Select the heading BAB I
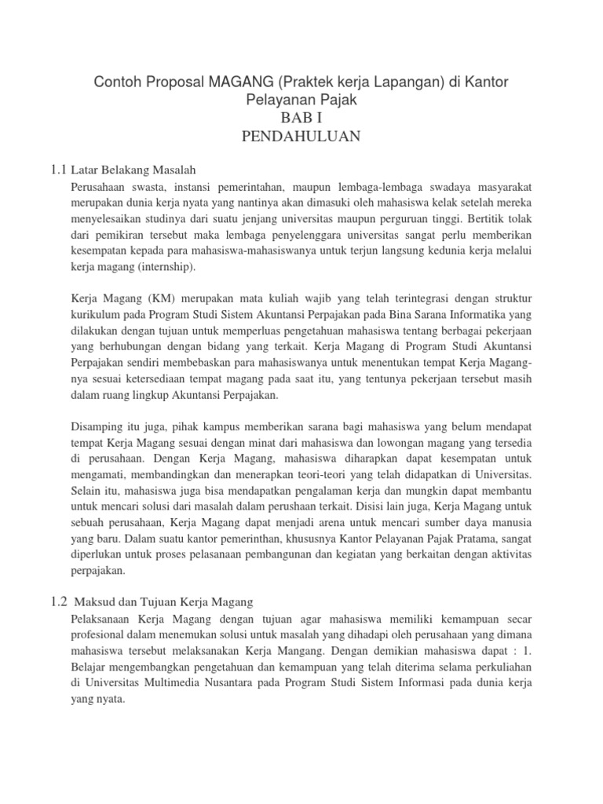301,118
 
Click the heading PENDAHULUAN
301,137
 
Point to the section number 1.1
58,169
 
